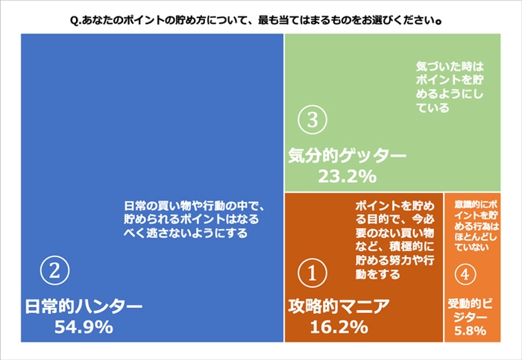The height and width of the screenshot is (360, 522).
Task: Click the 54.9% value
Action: pos(84,326)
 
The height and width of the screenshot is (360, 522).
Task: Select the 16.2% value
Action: pos(338,326)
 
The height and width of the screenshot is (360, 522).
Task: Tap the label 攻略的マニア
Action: pos(338,306)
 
